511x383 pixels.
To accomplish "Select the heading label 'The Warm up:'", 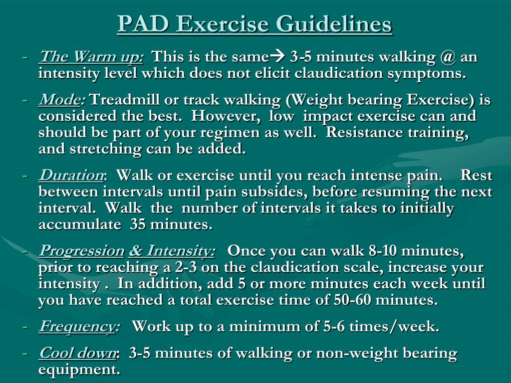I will (91, 57).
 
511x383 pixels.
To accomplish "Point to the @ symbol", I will (448, 57).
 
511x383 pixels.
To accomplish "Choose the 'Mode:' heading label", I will (62, 100).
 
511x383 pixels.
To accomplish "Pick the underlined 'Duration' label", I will (71, 176).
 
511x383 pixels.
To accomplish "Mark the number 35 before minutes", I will (139, 224).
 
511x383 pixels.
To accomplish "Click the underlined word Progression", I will (82, 251).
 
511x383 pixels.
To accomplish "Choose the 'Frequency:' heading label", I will (79, 327).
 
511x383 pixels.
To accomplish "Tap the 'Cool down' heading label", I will (78, 354).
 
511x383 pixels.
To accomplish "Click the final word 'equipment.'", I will (79, 370).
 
